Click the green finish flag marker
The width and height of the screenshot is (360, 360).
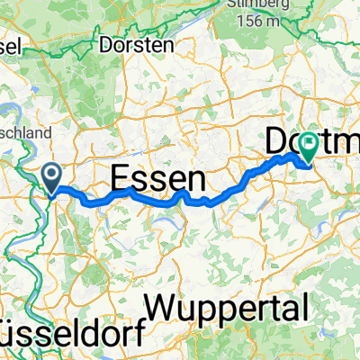point(309,145)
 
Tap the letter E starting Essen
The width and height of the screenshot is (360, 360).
point(120,176)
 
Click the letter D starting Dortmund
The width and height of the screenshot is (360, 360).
point(276,141)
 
